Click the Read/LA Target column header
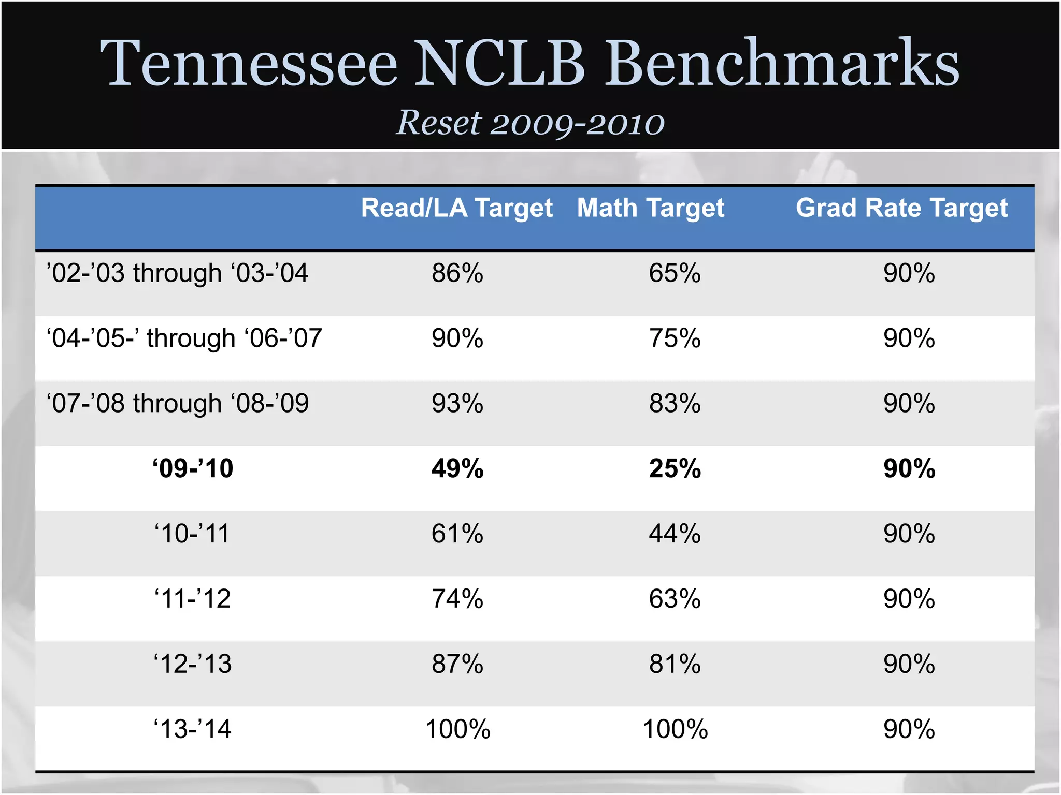(x=457, y=209)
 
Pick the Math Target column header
(x=651, y=209)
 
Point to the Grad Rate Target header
(x=901, y=209)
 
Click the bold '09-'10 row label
(x=193, y=468)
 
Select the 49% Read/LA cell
(x=457, y=468)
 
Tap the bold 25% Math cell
(x=675, y=468)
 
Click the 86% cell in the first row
(x=457, y=273)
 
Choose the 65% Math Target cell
(x=675, y=273)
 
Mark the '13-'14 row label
(x=192, y=729)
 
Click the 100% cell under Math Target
(x=675, y=729)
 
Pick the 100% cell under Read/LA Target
(x=457, y=729)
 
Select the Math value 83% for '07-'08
(x=675, y=404)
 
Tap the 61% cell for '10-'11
(x=457, y=534)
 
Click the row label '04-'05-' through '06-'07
(x=184, y=338)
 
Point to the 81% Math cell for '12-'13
(x=675, y=664)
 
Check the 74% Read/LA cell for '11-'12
(x=457, y=599)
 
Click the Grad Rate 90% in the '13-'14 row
(x=909, y=729)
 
